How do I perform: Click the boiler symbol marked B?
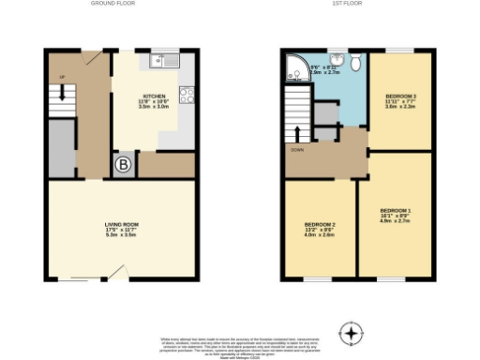123,166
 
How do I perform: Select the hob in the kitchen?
186,95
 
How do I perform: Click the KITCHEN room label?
155,96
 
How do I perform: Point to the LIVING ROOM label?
122,225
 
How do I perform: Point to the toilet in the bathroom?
356,61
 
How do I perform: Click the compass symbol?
351,332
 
